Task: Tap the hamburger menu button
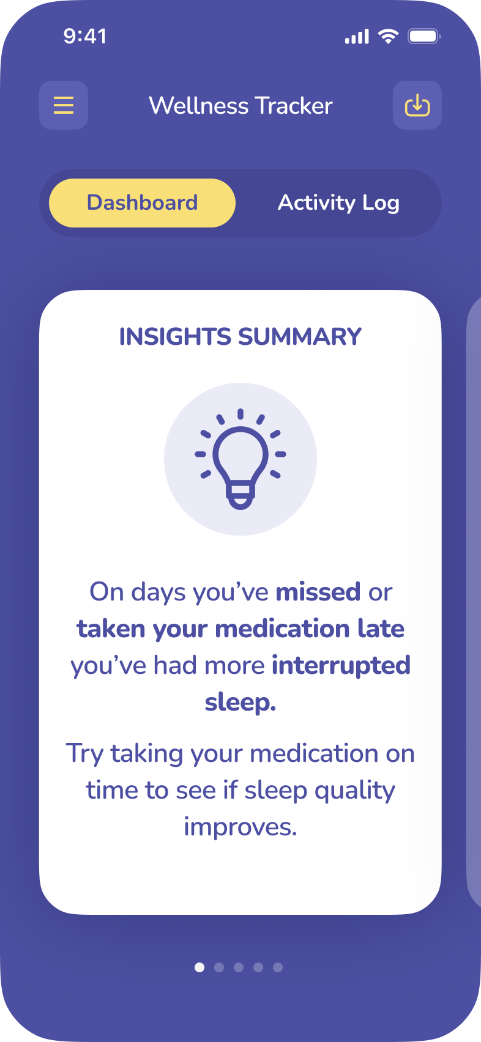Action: [64, 105]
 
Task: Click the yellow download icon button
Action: [417, 105]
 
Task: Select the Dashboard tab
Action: [142, 203]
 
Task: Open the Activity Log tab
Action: [338, 203]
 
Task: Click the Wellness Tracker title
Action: [240, 106]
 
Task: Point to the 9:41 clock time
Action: [85, 36]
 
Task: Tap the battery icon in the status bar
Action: [424, 36]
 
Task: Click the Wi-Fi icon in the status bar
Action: [388, 36]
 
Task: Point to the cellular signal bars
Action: [357, 37]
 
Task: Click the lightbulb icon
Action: [240, 459]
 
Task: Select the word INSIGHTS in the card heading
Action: [175, 337]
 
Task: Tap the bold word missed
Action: [318, 592]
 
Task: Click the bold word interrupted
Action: [341, 666]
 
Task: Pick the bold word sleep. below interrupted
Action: [240, 703]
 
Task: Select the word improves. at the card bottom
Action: [240, 827]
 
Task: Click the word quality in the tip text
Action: [354, 791]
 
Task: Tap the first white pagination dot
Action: [199, 967]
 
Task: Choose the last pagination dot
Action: [278, 967]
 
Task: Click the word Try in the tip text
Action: [84, 754]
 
